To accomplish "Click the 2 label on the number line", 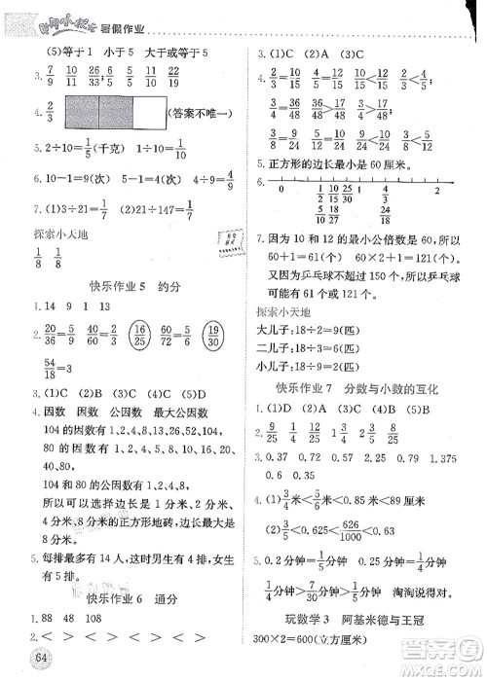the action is point(438,191).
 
